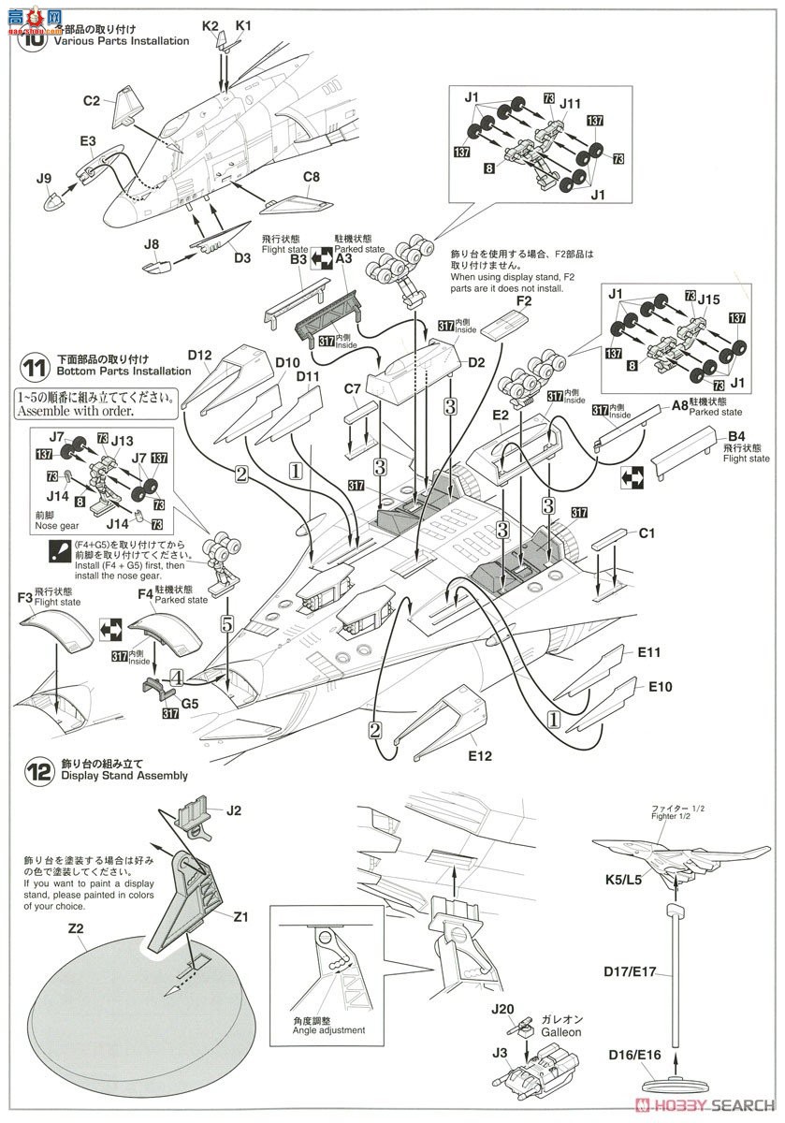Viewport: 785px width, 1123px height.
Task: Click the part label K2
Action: [210, 27]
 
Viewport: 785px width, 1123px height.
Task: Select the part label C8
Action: [312, 176]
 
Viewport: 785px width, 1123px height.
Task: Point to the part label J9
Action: [43, 178]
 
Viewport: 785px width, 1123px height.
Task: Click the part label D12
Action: [201, 356]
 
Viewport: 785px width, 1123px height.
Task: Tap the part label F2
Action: [523, 300]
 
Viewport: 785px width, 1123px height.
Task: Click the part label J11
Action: [571, 104]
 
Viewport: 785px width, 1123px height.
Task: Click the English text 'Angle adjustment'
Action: [314, 1030]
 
